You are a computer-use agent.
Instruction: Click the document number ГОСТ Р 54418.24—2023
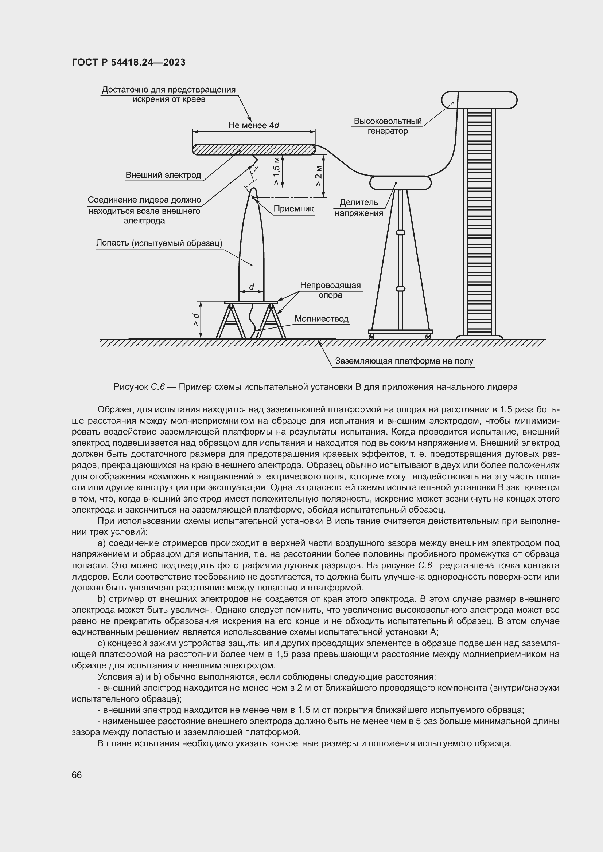click(x=128, y=62)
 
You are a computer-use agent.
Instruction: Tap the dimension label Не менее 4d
click(x=254, y=125)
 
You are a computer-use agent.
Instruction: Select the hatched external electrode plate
click(x=254, y=150)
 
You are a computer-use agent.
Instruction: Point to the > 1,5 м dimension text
click(x=277, y=171)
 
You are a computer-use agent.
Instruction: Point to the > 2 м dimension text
click(x=319, y=176)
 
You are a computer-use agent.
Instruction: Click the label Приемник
click(x=293, y=209)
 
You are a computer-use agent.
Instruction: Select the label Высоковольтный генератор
click(x=388, y=126)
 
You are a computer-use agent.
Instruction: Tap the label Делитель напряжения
click(x=359, y=208)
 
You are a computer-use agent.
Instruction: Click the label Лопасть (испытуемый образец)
click(x=159, y=243)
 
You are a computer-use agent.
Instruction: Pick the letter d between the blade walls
click(x=252, y=287)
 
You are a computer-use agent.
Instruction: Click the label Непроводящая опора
click(x=330, y=290)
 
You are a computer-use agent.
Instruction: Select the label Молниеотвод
click(x=322, y=319)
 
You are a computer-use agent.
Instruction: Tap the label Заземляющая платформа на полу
click(x=404, y=361)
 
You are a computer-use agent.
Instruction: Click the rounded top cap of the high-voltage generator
click(x=479, y=100)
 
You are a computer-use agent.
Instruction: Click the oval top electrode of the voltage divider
click(x=401, y=182)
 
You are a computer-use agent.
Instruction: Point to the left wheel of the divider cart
click(x=370, y=337)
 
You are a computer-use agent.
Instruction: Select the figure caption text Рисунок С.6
click(x=139, y=387)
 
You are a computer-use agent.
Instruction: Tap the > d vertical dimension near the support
click(x=196, y=320)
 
